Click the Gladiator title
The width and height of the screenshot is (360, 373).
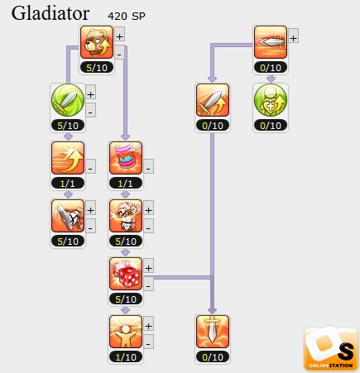(50, 14)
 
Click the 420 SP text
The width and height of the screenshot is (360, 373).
(127, 17)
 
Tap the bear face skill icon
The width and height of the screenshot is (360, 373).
(97, 42)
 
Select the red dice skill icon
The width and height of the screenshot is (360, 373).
(126, 274)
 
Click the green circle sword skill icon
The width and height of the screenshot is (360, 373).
(68, 100)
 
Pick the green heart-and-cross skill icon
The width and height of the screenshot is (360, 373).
(271, 100)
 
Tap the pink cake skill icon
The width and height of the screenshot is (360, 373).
(126, 158)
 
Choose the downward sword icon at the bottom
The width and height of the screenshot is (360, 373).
(213, 332)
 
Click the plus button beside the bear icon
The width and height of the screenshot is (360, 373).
(119, 36)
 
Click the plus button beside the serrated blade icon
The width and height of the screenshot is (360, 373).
(293, 38)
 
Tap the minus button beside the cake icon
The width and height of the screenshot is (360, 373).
(148, 168)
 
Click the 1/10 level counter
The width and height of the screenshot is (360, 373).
(126, 357)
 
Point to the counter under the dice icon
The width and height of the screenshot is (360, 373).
(126, 299)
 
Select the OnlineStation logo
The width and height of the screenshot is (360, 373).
(330, 349)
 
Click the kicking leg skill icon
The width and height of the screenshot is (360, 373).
(68, 216)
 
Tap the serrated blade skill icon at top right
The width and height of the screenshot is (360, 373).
(271, 42)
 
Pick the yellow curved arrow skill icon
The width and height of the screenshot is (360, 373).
(68, 158)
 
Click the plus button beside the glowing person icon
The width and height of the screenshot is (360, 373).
(148, 326)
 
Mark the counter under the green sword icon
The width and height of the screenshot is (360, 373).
(68, 126)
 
